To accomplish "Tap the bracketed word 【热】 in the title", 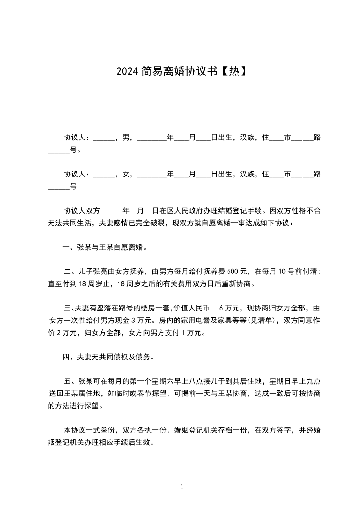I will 233,71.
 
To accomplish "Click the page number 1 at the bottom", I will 182,487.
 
